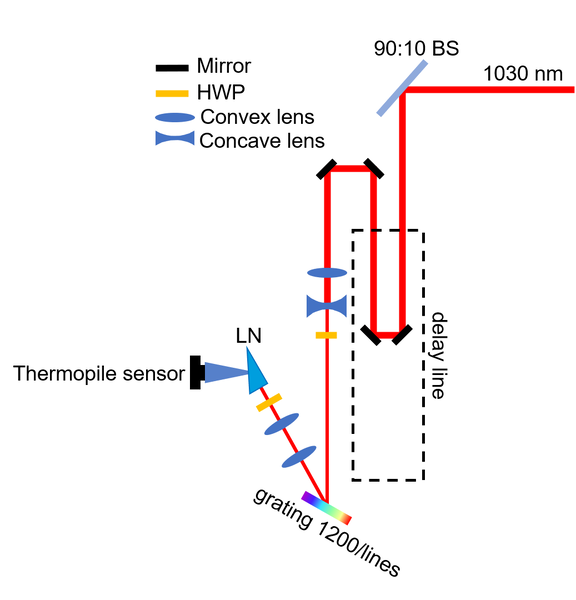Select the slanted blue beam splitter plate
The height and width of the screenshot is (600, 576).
[x=403, y=88]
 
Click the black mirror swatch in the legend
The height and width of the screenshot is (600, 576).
[x=173, y=68]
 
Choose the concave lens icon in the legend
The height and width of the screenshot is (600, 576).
[x=173, y=140]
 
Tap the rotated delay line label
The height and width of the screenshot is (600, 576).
[x=437, y=355]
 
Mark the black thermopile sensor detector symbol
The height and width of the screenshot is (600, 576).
[x=197, y=373]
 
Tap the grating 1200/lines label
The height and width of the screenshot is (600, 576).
[x=326, y=535]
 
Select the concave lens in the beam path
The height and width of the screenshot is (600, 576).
[x=326, y=302]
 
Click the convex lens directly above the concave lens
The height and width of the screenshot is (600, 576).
[x=326, y=272]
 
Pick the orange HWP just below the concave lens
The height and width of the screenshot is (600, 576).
[x=326, y=335]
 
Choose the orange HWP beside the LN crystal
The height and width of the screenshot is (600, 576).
[x=268, y=403]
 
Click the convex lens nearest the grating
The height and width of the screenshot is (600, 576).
[x=299, y=457]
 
